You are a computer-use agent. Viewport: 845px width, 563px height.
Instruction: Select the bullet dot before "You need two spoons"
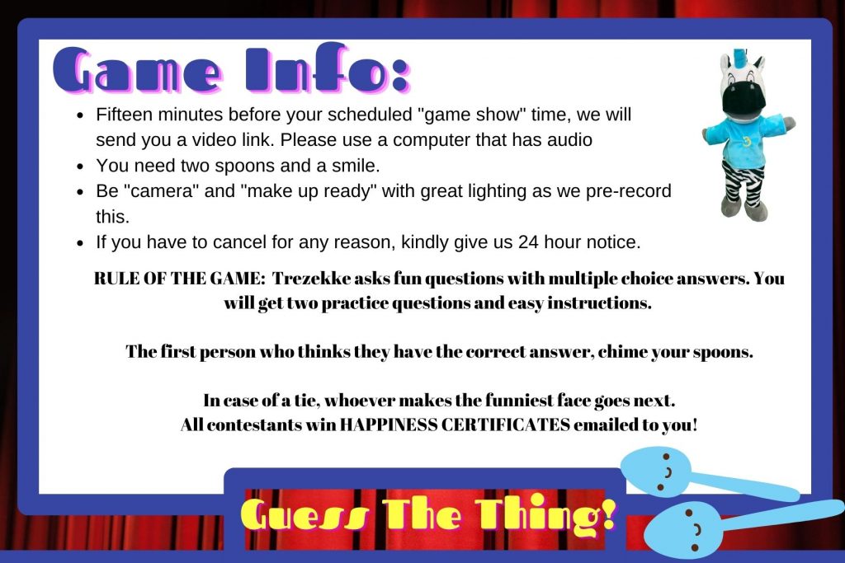tap(80, 166)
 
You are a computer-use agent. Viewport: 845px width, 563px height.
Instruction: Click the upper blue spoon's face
tap(659, 468)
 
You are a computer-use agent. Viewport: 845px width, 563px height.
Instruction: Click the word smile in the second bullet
tap(349, 165)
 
